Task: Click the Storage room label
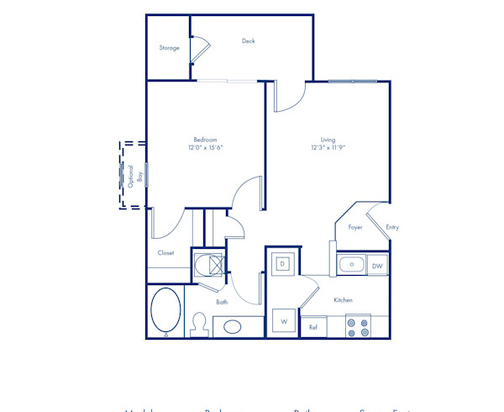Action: click(170, 48)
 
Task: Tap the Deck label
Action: click(248, 41)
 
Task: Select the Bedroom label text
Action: click(206, 140)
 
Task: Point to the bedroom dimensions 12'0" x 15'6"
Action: click(206, 148)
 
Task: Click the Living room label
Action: click(328, 140)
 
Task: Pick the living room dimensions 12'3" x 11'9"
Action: click(328, 148)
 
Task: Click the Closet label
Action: click(165, 252)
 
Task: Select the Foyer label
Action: click(355, 227)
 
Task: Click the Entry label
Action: click(392, 227)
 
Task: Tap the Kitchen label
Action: click(343, 300)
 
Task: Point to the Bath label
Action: click(222, 302)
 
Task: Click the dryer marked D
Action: click(283, 263)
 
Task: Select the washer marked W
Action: click(284, 322)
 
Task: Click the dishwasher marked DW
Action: click(378, 266)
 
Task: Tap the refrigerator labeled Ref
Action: click(312, 327)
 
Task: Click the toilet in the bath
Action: click(199, 323)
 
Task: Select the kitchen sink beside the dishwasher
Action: click(351, 265)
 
